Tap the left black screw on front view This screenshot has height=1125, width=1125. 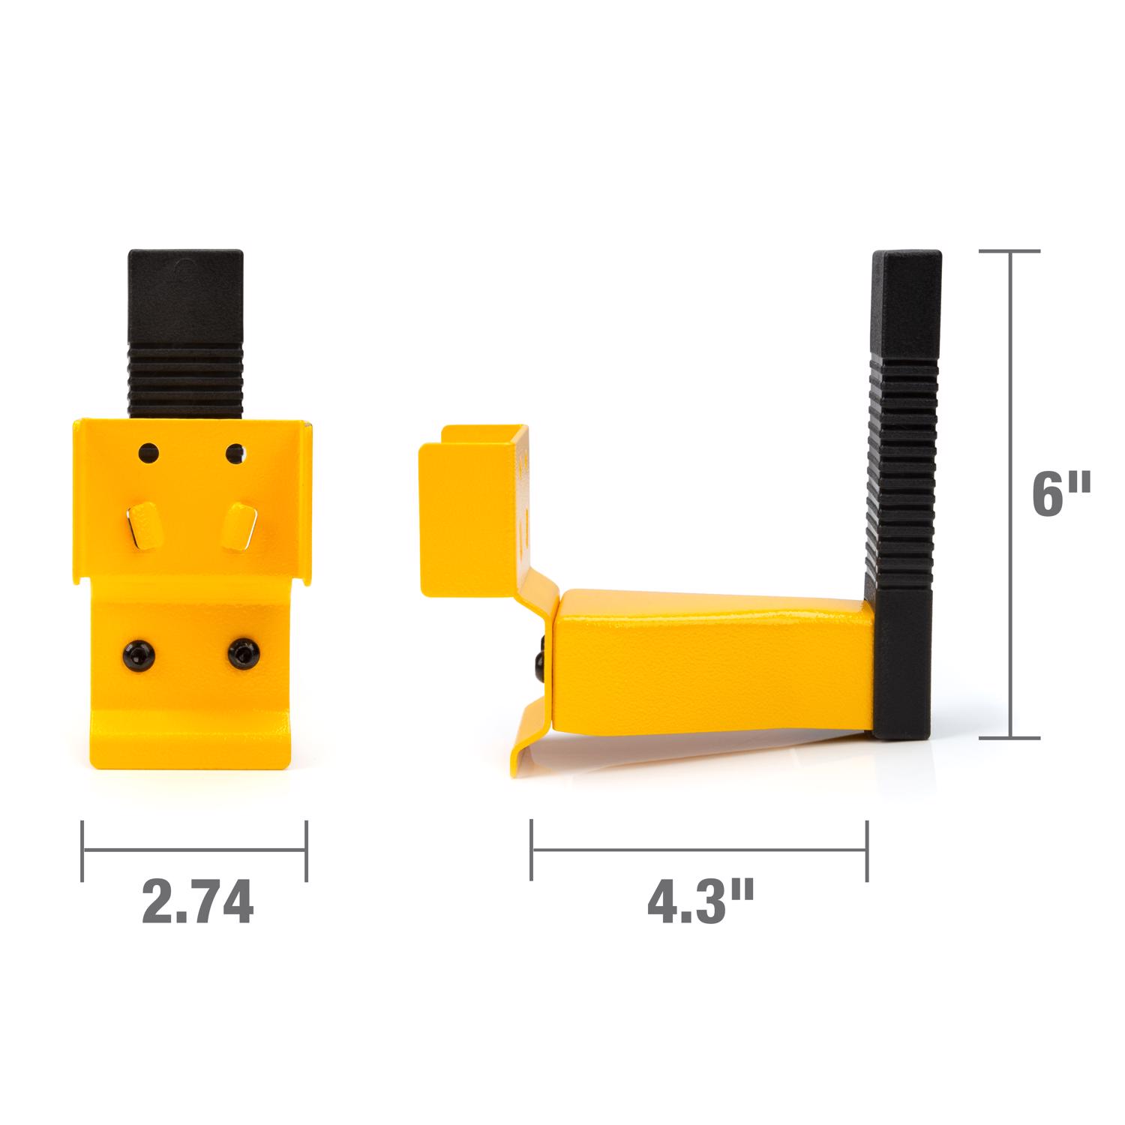click(139, 652)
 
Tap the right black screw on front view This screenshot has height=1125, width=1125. click(243, 654)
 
